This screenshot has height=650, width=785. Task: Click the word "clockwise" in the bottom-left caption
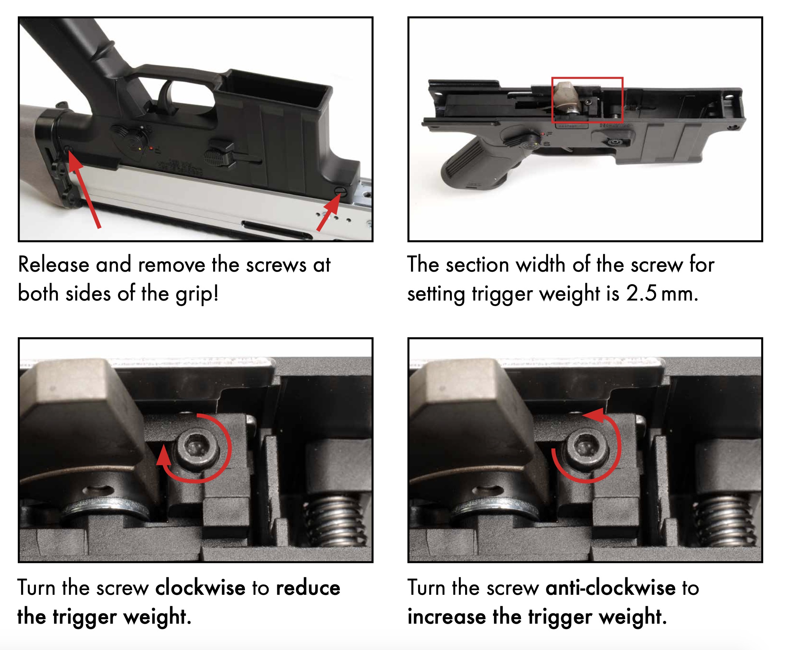click(x=201, y=587)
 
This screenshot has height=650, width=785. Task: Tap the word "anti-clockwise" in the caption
click(x=610, y=587)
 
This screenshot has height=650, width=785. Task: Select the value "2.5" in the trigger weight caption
click(x=642, y=294)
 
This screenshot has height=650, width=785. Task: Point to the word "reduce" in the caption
click(x=308, y=587)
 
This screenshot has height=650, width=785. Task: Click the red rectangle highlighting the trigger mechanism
click(x=587, y=78)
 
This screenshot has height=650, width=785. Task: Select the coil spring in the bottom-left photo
click(x=334, y=521)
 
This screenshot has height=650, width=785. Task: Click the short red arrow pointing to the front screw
click(x=329, y=213)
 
